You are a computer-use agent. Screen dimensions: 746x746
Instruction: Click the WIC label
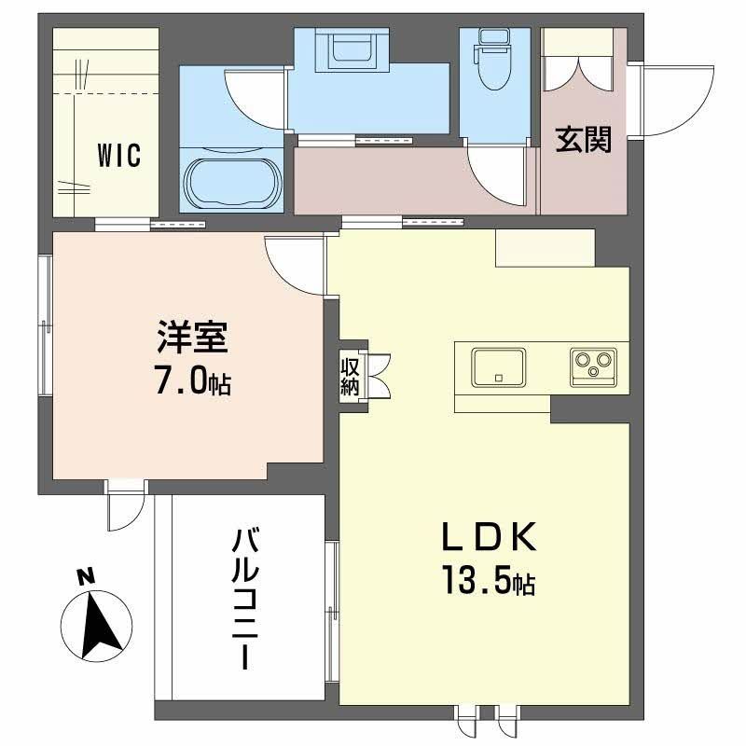118,156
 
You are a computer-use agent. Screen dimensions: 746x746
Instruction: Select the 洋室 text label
192,338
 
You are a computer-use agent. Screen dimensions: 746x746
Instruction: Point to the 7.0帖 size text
192,382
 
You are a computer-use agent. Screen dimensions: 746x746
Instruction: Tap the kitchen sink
498,366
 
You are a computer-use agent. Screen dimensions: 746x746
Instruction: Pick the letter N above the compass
86,577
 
